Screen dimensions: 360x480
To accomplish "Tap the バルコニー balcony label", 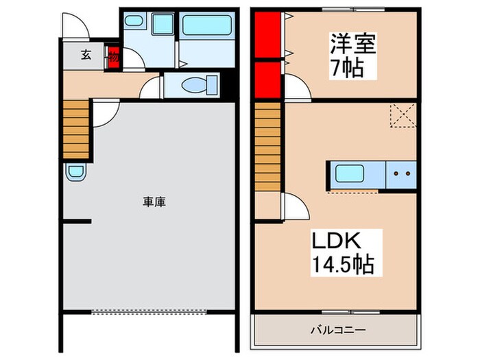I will pos(336,330).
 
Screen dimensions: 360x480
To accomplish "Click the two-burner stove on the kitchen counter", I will pos(402,173).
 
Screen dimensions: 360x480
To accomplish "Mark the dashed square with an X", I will pos(400,115).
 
